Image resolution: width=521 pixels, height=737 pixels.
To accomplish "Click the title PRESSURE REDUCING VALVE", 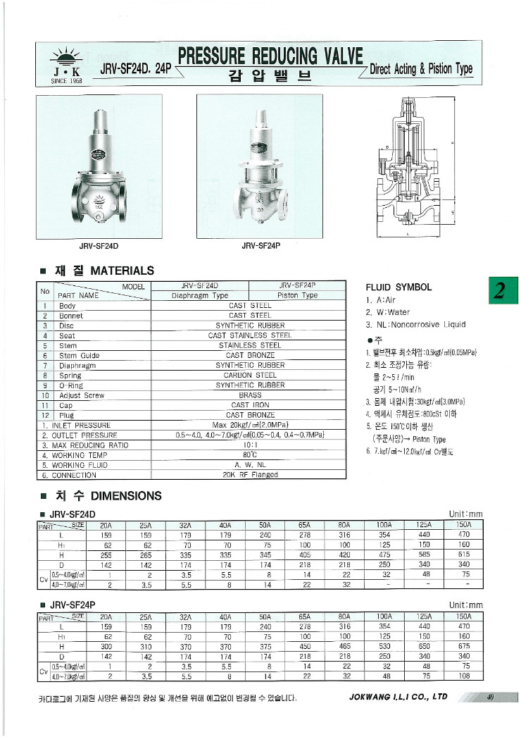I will click(270, 56).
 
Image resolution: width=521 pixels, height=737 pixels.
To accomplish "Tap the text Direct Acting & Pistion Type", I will click(421, 69).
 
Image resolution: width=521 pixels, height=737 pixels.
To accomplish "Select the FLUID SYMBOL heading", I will click(398, 287).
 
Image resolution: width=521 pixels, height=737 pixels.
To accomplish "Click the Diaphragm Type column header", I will click(200, 296).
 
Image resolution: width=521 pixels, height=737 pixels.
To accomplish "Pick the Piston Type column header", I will click(297, 296).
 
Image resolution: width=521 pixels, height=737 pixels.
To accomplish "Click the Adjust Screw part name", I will click(82, 396).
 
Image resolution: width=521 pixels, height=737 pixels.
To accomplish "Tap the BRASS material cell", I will click(250, 396).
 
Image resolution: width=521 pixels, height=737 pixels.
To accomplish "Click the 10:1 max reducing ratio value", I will click(250, 445).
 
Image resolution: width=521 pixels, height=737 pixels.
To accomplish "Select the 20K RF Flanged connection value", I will click(250, 475).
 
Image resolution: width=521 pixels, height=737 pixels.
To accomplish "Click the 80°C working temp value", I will click(250, 455).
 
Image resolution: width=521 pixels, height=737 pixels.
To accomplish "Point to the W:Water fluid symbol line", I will click(387, 312).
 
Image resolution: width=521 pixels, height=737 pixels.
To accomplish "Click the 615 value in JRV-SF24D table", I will click(464, 555).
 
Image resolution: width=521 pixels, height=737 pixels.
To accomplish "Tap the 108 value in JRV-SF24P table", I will click(464, 676).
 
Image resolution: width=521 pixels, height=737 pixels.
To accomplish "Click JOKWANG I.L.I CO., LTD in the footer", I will click(398, 697).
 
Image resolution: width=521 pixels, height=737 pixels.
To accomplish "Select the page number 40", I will click(489, 698).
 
